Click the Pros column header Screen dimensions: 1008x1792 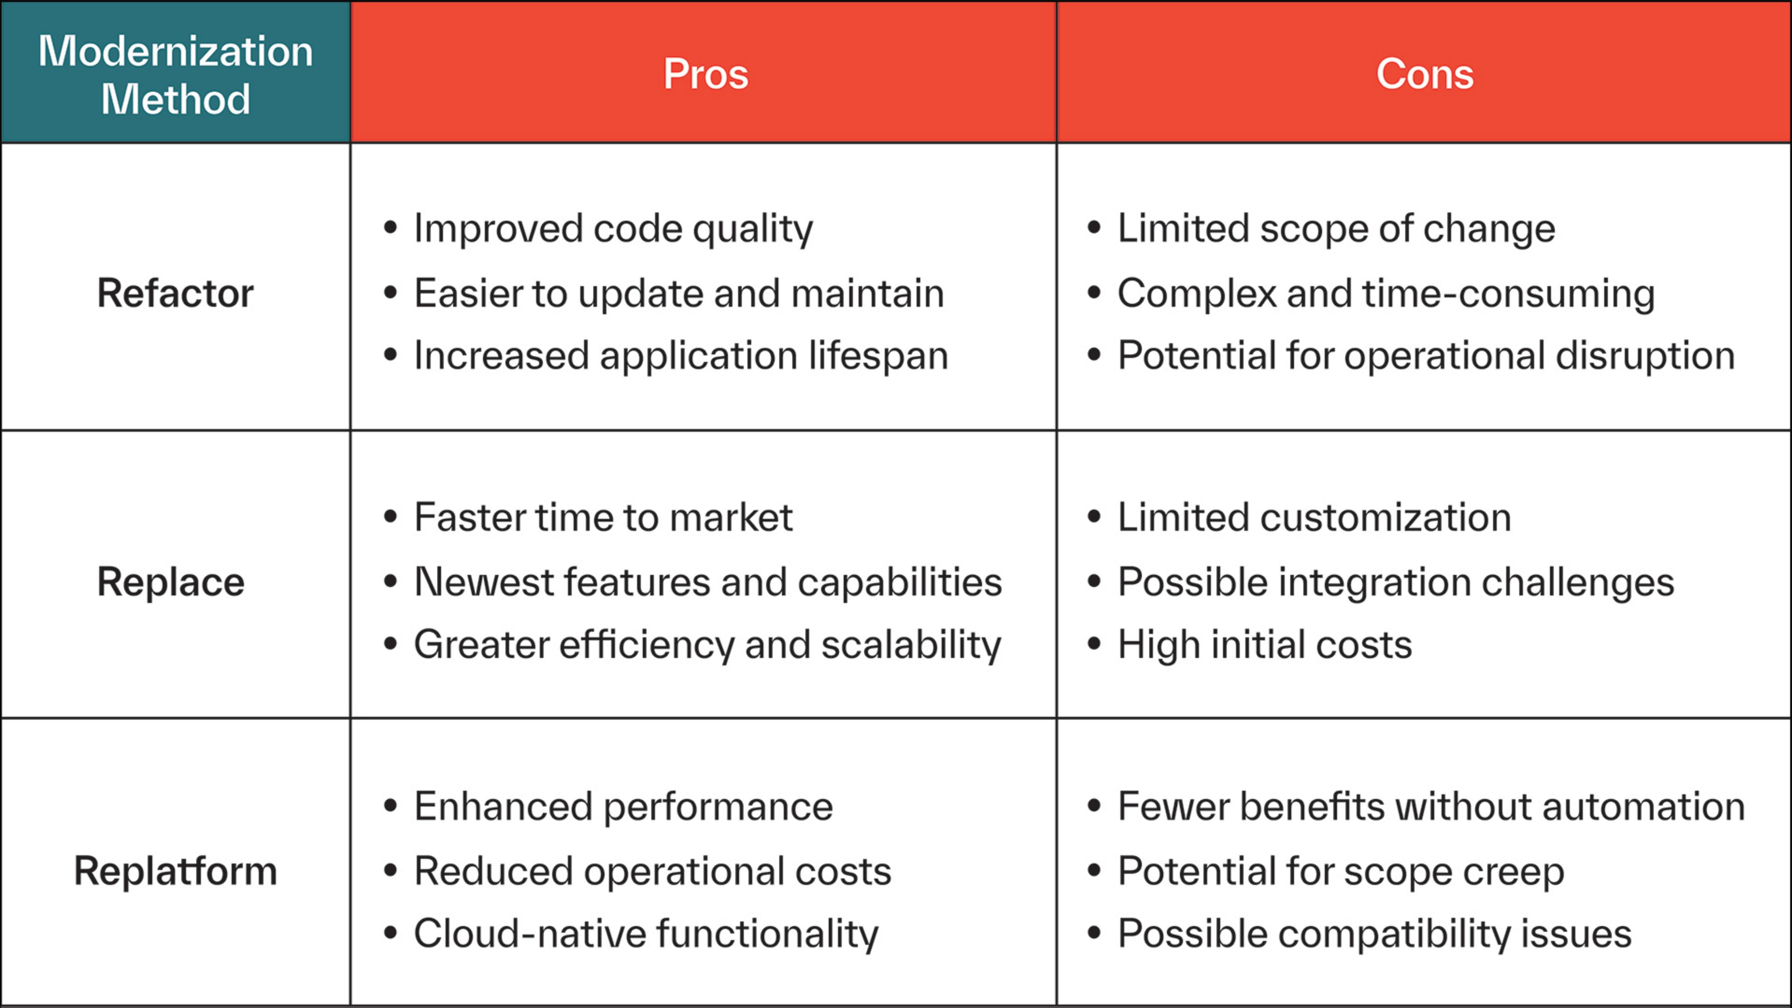pos(706,74)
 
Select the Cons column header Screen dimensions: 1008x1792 pos(1424,74)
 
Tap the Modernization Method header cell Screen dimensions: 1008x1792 pos(175,74)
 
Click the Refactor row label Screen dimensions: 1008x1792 pos(175,293)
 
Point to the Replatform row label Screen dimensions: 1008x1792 pos(175,871)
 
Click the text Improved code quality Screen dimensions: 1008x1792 pos(613,229)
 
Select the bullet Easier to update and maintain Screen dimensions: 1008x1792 pos(679,293)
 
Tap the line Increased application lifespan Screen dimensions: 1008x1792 pos(681,355)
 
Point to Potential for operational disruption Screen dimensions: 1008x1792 pos(1426,355)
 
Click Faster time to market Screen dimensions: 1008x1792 pos(603,517)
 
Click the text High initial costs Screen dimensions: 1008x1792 pos(1265,645)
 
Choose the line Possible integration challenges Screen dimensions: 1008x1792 pos(1396,582)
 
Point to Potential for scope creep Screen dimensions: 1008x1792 pos(1340,871)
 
